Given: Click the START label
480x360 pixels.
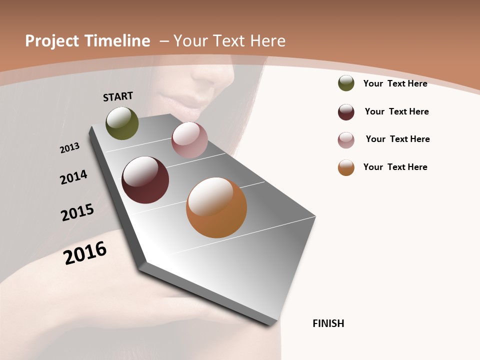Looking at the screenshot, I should (x=118, y=96).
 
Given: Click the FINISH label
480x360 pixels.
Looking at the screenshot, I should (x=328, y=323).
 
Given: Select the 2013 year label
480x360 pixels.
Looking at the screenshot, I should (x=69, y=148).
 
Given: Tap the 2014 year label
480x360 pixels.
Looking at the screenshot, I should (x=74, y=177).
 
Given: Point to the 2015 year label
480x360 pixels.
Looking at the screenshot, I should (x=77, y=212).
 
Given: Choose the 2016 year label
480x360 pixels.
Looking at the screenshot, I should (x=85, y=252).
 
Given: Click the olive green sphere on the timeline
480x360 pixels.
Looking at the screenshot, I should (x=122, y=123).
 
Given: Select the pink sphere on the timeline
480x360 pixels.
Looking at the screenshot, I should (x=189, y=139).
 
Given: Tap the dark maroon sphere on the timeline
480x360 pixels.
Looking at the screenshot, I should (x=145, y=180).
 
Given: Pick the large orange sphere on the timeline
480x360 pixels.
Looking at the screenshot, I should (x=216, y=207).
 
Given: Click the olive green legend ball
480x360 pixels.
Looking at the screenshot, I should (x=346, y=83).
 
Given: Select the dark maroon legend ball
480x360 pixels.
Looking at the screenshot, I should (x=346, y=112).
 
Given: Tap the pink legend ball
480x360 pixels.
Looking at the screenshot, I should (x=346, y=140).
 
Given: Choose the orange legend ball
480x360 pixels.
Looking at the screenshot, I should (x=346, y=167).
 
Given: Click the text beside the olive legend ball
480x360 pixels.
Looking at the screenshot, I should (x=395, y=83).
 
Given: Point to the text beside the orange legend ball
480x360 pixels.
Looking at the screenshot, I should (x=395, y=167).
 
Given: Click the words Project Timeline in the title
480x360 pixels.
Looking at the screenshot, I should (x=87, y=41).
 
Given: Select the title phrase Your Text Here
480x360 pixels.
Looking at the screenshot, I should (x=229, y=41).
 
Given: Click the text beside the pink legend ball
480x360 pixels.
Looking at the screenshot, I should (x=397, y=139).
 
